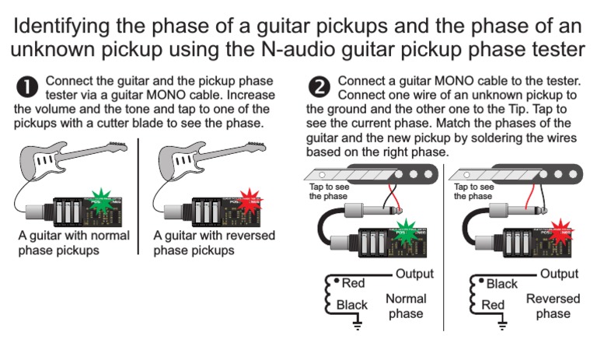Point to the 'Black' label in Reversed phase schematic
[x=501, y=284]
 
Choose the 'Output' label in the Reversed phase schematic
[x=559, y=274]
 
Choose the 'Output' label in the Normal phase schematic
[x=414, y=274]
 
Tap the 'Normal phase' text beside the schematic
[x=406, y=306]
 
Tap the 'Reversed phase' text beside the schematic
[x=553, y=306]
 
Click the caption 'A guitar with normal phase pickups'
[x=74, y=243]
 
